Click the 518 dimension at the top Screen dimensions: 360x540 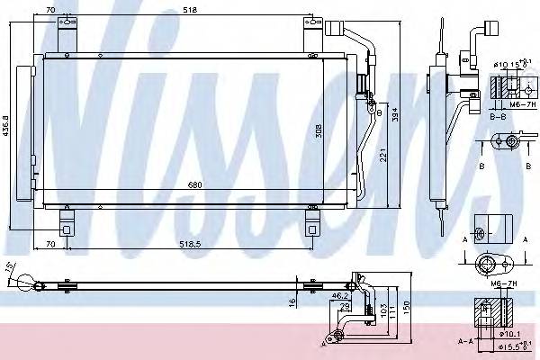pos(188,9)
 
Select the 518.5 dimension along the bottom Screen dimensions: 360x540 pos(188,243)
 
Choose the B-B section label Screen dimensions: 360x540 pos(499,117)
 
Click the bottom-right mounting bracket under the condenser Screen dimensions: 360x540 pos(312,220)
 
